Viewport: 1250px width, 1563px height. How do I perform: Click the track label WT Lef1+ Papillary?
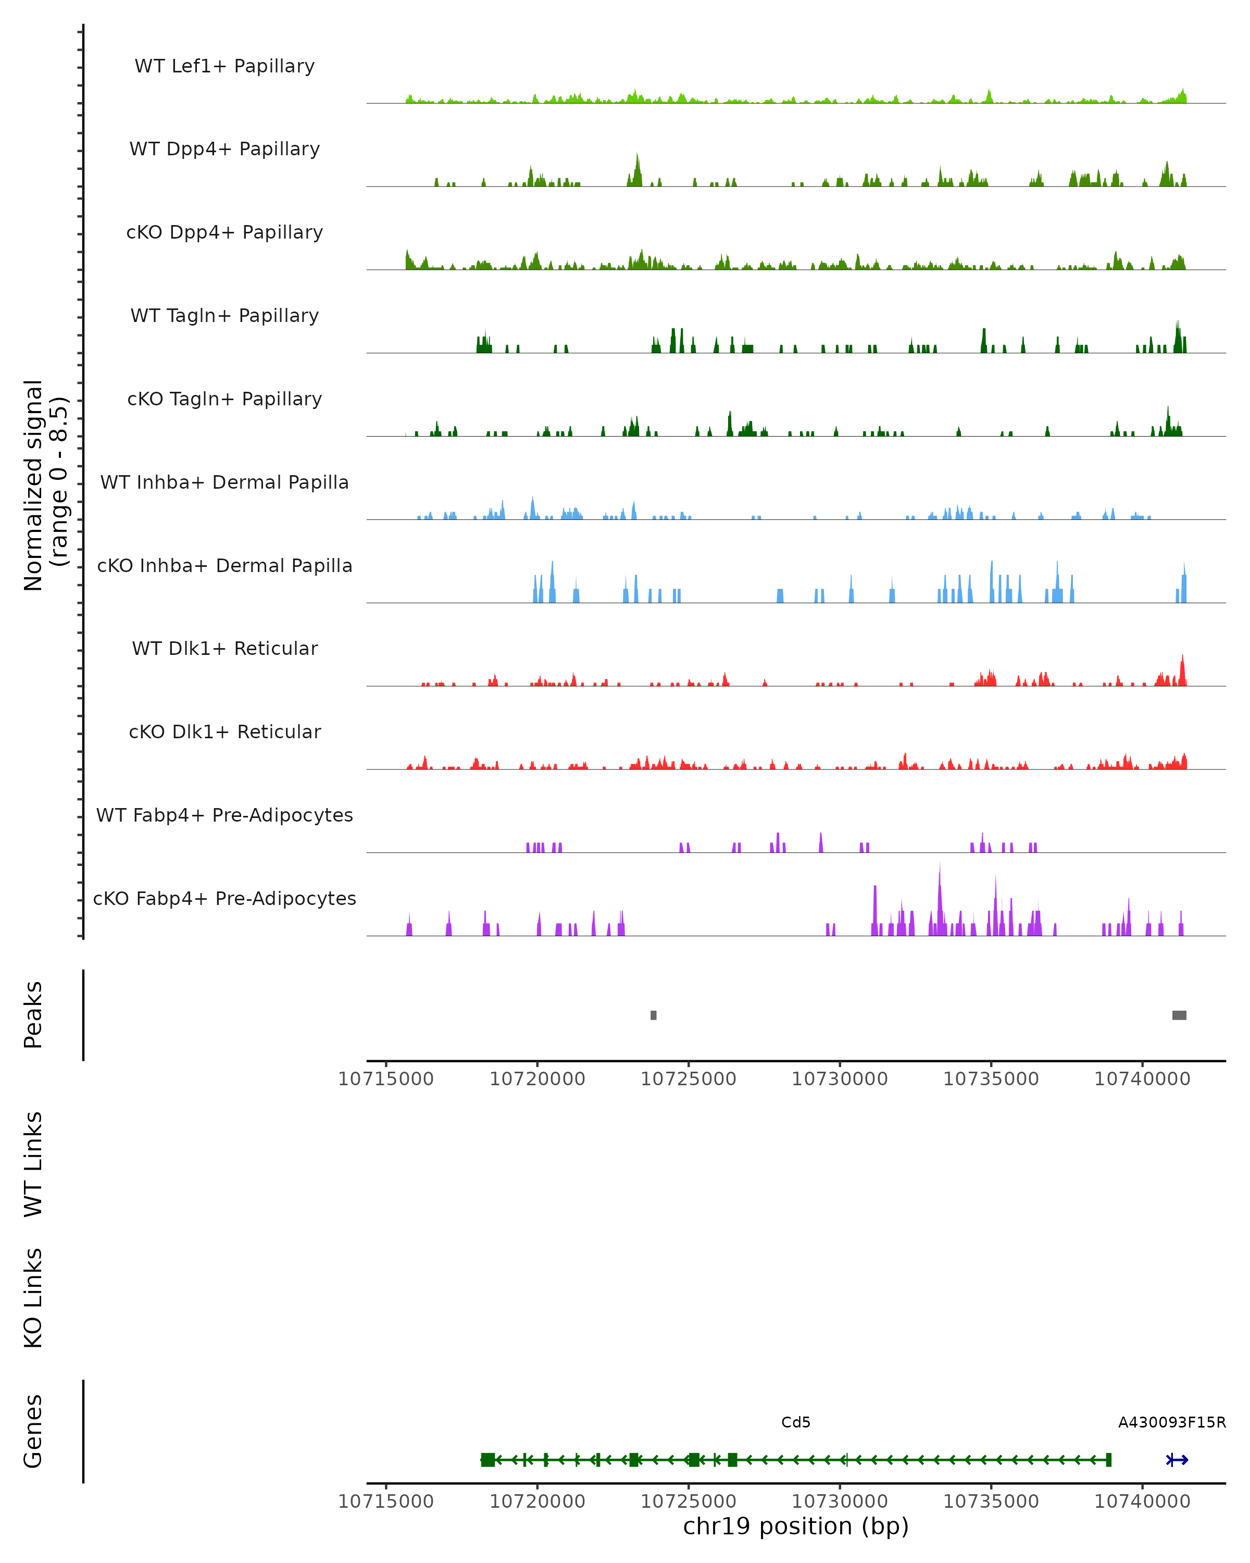(224, 66)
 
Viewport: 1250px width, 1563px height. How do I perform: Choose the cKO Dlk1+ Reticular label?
(224, 731)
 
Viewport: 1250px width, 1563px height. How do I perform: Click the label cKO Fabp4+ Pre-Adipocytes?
(224, 898)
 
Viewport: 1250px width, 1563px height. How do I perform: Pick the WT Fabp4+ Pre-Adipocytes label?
(224, 815)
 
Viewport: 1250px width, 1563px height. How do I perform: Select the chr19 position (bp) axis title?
(796, 1526)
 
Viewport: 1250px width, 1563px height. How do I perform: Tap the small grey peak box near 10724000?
(654, 1015)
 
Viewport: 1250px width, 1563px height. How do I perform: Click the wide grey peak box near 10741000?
(1179, 1015)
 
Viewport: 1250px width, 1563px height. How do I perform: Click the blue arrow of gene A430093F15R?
(1177, 1460)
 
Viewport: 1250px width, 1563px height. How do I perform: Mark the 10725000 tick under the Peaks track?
(689, 1079)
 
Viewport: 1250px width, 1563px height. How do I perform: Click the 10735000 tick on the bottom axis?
(991, 1502)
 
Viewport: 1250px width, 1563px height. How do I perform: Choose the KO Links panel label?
(33, 1298)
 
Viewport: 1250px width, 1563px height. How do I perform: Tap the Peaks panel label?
(33, 1015)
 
